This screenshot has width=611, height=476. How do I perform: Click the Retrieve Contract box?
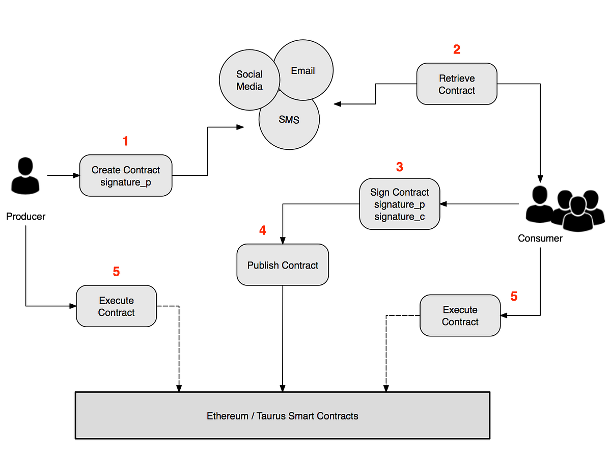coord(457,84)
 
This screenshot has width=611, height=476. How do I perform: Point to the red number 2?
coord(457,49)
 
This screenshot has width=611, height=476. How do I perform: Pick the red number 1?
coord(125,141)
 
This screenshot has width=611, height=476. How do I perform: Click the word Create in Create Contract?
coord(106,170)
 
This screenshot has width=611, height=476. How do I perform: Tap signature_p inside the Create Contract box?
coord(126,182)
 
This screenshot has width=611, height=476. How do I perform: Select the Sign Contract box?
coord(400,204)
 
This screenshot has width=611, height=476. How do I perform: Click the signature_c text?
coord(400,217)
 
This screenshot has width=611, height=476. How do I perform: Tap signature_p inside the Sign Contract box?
coord(400,204)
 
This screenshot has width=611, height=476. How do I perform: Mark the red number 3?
coord(400,167)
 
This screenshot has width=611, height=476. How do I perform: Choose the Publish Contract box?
coord(283,265)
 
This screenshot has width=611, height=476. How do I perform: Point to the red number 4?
coord(262,230)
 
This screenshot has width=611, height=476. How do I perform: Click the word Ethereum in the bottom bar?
coord(227,416)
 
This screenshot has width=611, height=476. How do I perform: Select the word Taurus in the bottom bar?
coord(271,416)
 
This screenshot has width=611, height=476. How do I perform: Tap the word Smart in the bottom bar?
coord(301,416)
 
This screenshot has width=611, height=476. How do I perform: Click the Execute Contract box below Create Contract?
coord(116,306)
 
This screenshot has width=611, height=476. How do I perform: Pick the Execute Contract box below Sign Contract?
coord(460,315)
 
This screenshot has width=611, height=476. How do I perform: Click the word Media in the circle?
coord(249,86)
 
